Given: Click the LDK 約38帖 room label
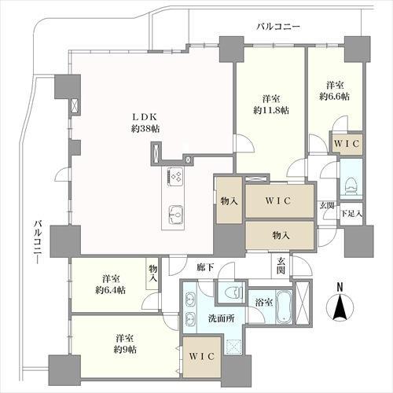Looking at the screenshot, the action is (x=145, y=123).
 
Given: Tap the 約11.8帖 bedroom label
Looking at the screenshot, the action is (x=271, y=105).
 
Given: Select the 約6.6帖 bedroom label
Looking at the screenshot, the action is (x=334, y=91).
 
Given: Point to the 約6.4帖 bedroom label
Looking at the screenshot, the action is (x=110, y=285).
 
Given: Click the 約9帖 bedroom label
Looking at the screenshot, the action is (x=125, y=343).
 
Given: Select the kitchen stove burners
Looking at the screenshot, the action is (x=176, y=176).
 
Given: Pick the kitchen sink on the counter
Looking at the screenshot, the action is (x=176, y=215).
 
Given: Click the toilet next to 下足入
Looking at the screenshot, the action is (x=352, y=185).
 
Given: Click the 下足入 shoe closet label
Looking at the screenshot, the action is (x=351, y=214).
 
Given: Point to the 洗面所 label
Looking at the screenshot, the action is (x=222, y=318).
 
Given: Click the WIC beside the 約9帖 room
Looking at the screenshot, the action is (x=202, y=356).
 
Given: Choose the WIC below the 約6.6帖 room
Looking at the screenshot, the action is (x=347, y=144).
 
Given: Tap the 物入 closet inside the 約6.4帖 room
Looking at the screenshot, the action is (x=153, y=274).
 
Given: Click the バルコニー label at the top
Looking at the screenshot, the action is (x=278, y=27).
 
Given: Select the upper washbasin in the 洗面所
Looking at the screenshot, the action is (x=190, y=299).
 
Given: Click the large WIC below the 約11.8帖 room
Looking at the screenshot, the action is (x=278, y=201).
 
